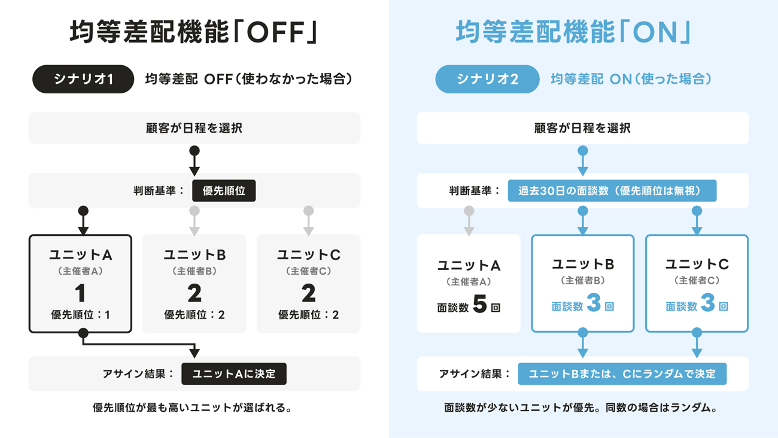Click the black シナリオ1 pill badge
coord(83,79)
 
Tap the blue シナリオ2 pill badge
coord(487,79)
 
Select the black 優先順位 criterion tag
coord(224,191)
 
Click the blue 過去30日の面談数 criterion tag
coord(612,191)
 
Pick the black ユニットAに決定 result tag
coord(233,374)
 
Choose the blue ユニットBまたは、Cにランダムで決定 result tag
coord(622,374)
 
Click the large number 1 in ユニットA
coord(80,293)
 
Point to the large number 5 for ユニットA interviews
coord(479,305)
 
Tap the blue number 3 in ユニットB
coord(593,303)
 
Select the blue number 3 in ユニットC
coord(707,303)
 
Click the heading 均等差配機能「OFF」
coord(193,32)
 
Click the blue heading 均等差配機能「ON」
coord(573,32)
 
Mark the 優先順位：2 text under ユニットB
coord(194,315)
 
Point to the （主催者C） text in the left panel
coord(308,271)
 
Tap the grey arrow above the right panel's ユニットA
coord(469,221)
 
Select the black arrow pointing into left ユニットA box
coord(83,221)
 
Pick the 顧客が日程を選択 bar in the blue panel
coord(582,128)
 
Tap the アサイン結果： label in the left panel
coord(138,374)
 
